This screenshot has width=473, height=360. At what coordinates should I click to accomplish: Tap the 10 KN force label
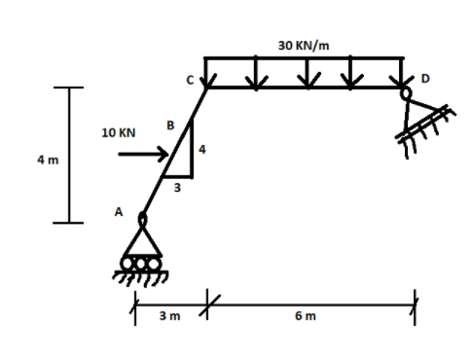pos(118,131)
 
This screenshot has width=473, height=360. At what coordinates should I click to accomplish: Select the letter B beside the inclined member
pos(170,126)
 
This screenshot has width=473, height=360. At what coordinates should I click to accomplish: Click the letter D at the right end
pos(424,78)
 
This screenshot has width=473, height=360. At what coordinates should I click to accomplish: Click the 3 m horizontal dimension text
pos(168,315)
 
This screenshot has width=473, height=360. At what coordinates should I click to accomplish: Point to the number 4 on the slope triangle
pos(201,149)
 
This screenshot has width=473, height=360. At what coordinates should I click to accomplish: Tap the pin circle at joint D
pos(405,92)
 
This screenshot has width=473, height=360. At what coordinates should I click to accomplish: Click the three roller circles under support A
pos(142,263)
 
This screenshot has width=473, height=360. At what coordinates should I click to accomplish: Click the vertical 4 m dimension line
pos(68,156)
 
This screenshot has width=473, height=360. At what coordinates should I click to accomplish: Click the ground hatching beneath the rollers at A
pos(142,276)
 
